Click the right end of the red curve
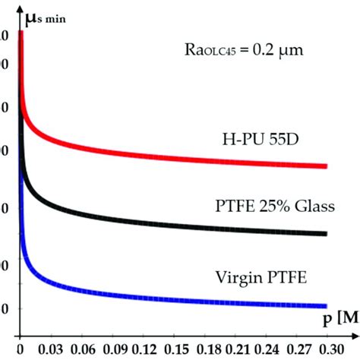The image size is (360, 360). pos(326,166)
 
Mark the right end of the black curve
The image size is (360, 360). pos(326,234)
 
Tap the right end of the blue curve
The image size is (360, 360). pos(326,305)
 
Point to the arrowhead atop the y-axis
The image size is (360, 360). pos(21,7)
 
